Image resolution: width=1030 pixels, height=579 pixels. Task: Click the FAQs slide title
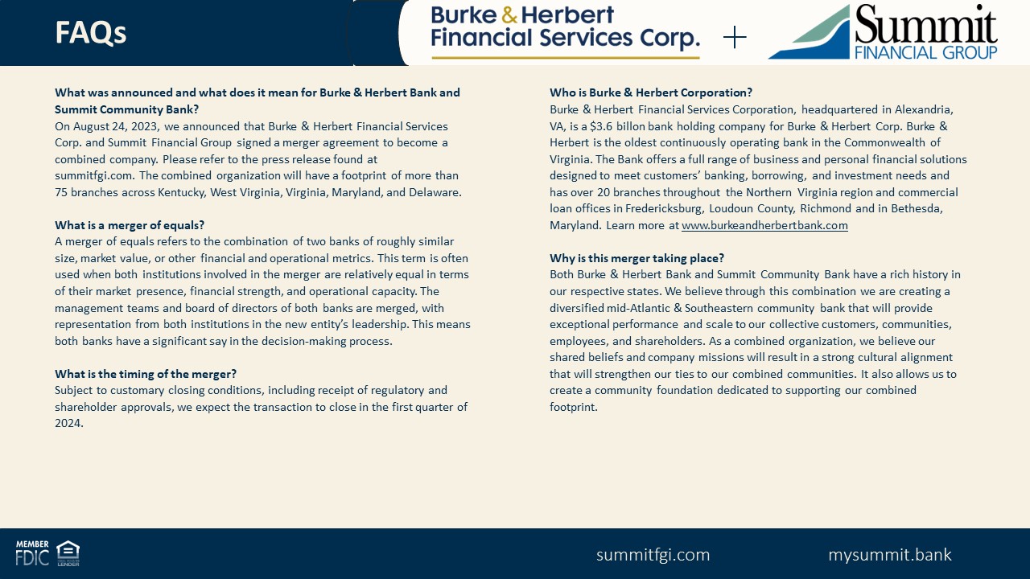[x=91, y=33]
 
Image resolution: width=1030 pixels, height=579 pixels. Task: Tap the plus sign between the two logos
[x=735, y=37]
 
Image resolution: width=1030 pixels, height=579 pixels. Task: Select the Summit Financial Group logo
[x=884, y=32]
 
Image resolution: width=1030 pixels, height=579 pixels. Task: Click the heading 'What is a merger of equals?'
[x=130, y=225]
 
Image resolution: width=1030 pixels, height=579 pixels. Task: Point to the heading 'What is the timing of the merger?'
[x=146, y=374]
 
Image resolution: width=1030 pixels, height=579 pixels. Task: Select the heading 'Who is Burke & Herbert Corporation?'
[x=651, y=92]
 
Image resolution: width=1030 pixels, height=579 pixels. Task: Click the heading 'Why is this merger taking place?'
[x=637, y=258]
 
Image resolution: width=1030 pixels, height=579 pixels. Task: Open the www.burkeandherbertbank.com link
[x=764, y=225]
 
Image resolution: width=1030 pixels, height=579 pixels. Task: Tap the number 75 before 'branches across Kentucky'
[x=62, y=192]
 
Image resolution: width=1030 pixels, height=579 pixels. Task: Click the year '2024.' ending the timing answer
[x=69, y=423]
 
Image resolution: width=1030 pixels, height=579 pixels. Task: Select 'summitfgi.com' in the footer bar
[x=653, y=555]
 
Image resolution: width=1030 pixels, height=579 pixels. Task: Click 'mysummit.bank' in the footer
[x=889, y=555]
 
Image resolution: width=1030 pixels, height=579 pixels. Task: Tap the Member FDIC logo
[x=32, y=553]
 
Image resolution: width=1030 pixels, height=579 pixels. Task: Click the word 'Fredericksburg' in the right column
[x=664, y=208]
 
